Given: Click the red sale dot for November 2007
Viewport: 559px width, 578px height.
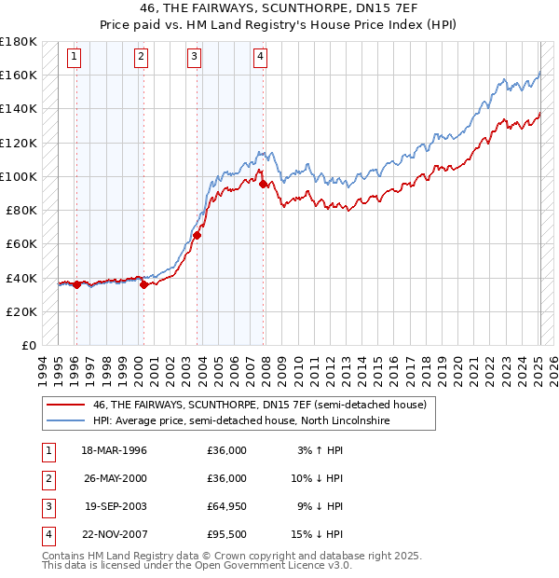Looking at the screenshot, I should tap(264, 185).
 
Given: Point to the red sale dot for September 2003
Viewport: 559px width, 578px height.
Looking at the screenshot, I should tap(198, 236).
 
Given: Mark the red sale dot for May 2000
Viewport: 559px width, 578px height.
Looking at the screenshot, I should tap(143, 285).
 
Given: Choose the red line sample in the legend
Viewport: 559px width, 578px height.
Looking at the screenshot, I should tap(66, 405).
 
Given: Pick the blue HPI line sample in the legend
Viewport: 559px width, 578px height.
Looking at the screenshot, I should tap(66, 421).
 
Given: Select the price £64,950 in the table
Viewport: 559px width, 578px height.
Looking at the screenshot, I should tap(227, 506).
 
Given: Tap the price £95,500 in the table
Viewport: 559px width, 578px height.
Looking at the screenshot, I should tap(227, 534).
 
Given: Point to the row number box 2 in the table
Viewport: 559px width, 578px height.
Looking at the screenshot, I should tap(47, 478).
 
